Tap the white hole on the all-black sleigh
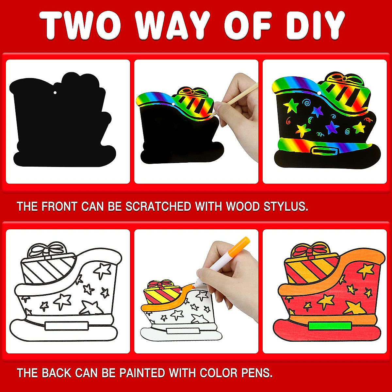click(x=56, y=92)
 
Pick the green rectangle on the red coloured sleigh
click(x=330, y=326)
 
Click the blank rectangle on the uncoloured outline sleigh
click(x=67, y=326)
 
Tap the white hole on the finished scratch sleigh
click(x=319, y=93)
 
